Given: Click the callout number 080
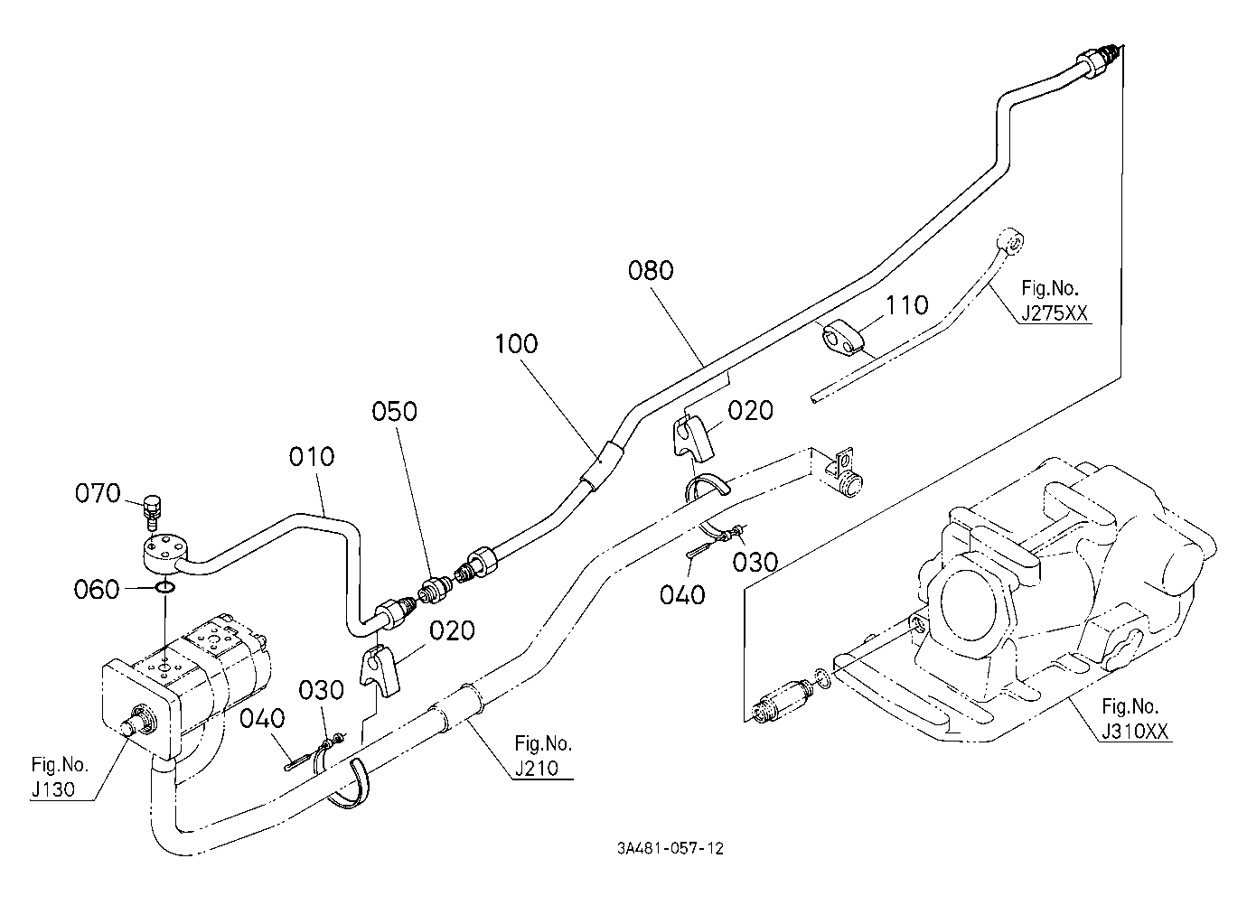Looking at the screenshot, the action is click(x=651, y=270).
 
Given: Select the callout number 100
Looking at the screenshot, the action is click(x=516, y=344).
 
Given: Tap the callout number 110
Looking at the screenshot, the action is click(x=907, y=305).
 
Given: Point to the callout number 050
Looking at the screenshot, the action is click(x=394, y=411).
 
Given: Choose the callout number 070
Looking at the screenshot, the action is click(x=98, y=493).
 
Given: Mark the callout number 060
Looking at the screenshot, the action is click(x=97, y=589).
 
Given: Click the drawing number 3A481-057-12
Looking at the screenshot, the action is click(x=670, y=848).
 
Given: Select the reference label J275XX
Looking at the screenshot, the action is click(x=1054, y=313).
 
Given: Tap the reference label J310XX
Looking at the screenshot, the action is click(x=1135, y=732).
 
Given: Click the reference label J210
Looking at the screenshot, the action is click(x=536, y=768).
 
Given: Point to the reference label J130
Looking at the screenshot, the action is click(x=53, y=789).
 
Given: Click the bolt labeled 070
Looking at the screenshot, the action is click(x=151, y=512).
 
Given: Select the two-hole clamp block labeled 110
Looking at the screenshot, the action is click(x=840, y=338).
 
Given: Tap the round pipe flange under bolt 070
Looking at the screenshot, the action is click(x=163, y=551).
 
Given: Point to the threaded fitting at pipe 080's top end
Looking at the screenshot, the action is click(x=1094, y=56).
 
